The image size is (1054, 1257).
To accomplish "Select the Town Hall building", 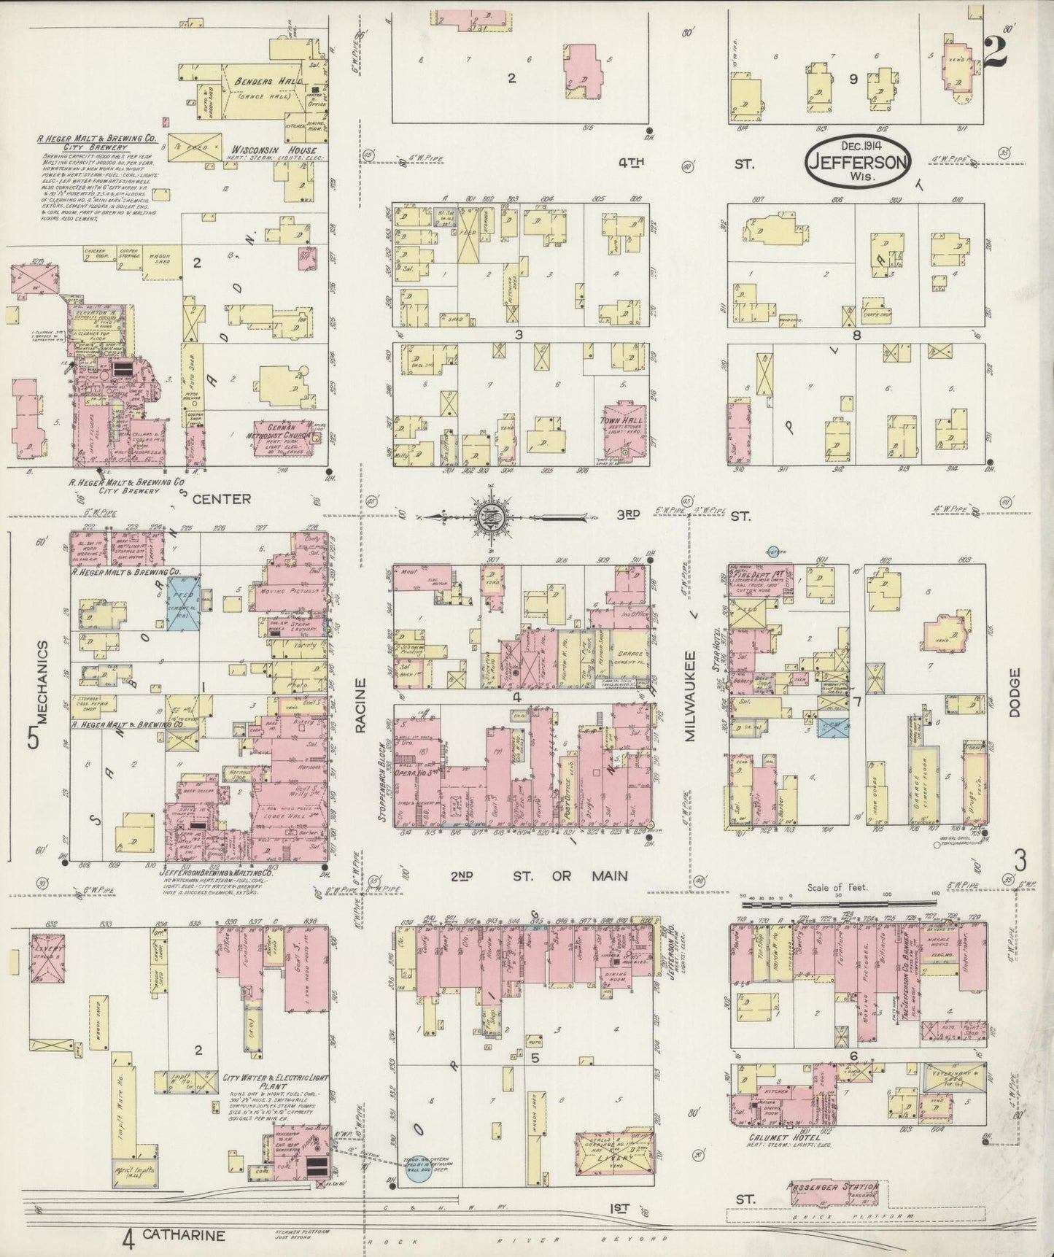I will (x=623, y=430).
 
